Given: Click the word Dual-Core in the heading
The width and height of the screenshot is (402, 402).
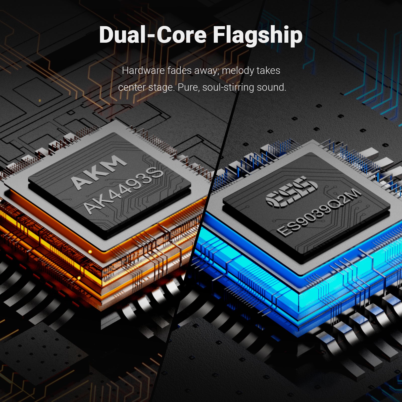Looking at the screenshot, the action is (x=153, y=35).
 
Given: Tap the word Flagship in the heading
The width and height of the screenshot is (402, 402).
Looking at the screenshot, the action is (x=258, y=36).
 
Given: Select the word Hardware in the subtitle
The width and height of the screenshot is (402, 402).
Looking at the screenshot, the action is (x=143, y=70).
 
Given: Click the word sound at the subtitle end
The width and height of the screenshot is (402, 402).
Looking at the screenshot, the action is (x=272, y=87).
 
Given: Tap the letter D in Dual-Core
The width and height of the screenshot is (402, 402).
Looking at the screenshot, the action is (x=107, y=35).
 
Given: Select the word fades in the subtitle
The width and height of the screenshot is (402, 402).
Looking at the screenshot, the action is (x=179, y=70).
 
